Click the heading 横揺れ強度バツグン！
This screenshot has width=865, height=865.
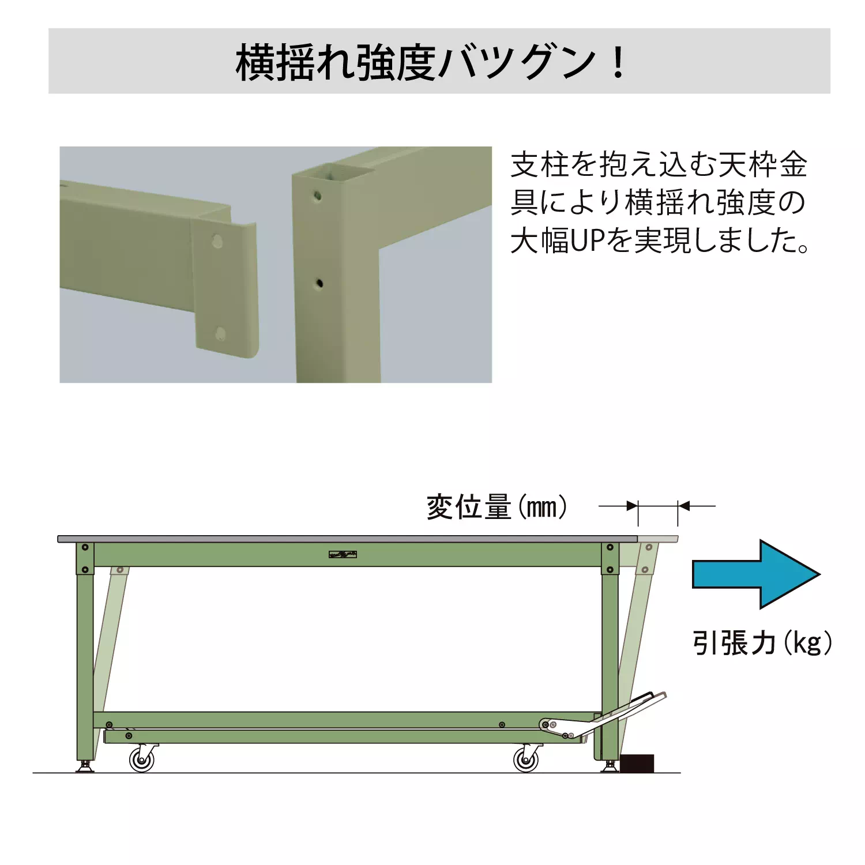431,62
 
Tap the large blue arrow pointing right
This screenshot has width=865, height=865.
755,574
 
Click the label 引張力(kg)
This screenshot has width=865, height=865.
762,642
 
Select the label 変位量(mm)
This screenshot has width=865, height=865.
497,507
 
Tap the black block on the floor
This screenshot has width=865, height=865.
637,763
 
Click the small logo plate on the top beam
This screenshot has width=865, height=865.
343,555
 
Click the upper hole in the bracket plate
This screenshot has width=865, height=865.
217,240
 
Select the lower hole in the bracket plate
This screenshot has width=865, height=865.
220,333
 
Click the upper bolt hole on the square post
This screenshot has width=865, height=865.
317,196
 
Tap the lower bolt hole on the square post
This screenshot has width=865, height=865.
319,283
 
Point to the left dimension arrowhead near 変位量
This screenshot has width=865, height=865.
633,506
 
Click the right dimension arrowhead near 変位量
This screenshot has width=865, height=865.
683,506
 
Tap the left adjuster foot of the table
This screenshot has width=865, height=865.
85,766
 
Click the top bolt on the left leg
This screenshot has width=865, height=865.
85,547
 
